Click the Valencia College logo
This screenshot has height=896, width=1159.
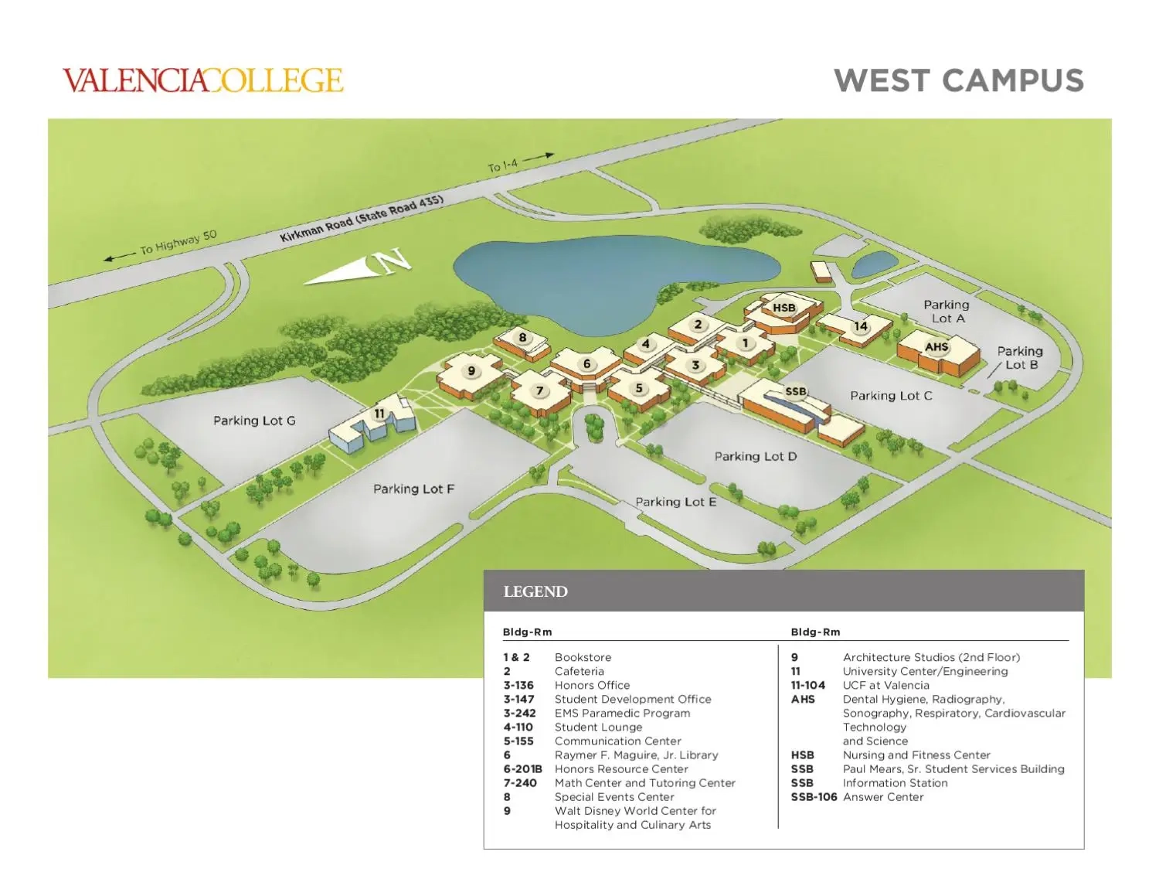coord(202,80)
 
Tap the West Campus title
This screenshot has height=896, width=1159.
coord(958,80)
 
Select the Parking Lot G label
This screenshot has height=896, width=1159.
coord(254,421)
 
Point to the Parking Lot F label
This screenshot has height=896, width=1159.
coord(413,489)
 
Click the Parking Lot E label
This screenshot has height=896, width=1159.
coord(675,502)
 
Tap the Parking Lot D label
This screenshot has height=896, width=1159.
coord(755,456)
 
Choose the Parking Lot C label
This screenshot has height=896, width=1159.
coord(891,396)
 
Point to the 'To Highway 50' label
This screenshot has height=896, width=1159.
coord(178,243)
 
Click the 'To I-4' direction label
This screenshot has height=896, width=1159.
coord(503,165)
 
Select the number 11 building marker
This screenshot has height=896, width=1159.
coord(379,414)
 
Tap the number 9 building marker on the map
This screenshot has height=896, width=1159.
coord(471,371)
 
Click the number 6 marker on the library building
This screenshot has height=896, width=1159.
coord(587,364)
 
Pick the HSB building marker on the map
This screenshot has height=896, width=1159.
coord(783,308)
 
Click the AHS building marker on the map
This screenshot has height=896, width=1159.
coord(936,347)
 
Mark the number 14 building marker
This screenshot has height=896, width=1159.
coord(860,326)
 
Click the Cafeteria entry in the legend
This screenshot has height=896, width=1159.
coord(579,671)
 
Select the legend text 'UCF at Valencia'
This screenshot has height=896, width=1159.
coord(885,685)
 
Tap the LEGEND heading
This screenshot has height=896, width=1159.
coord(535,591)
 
